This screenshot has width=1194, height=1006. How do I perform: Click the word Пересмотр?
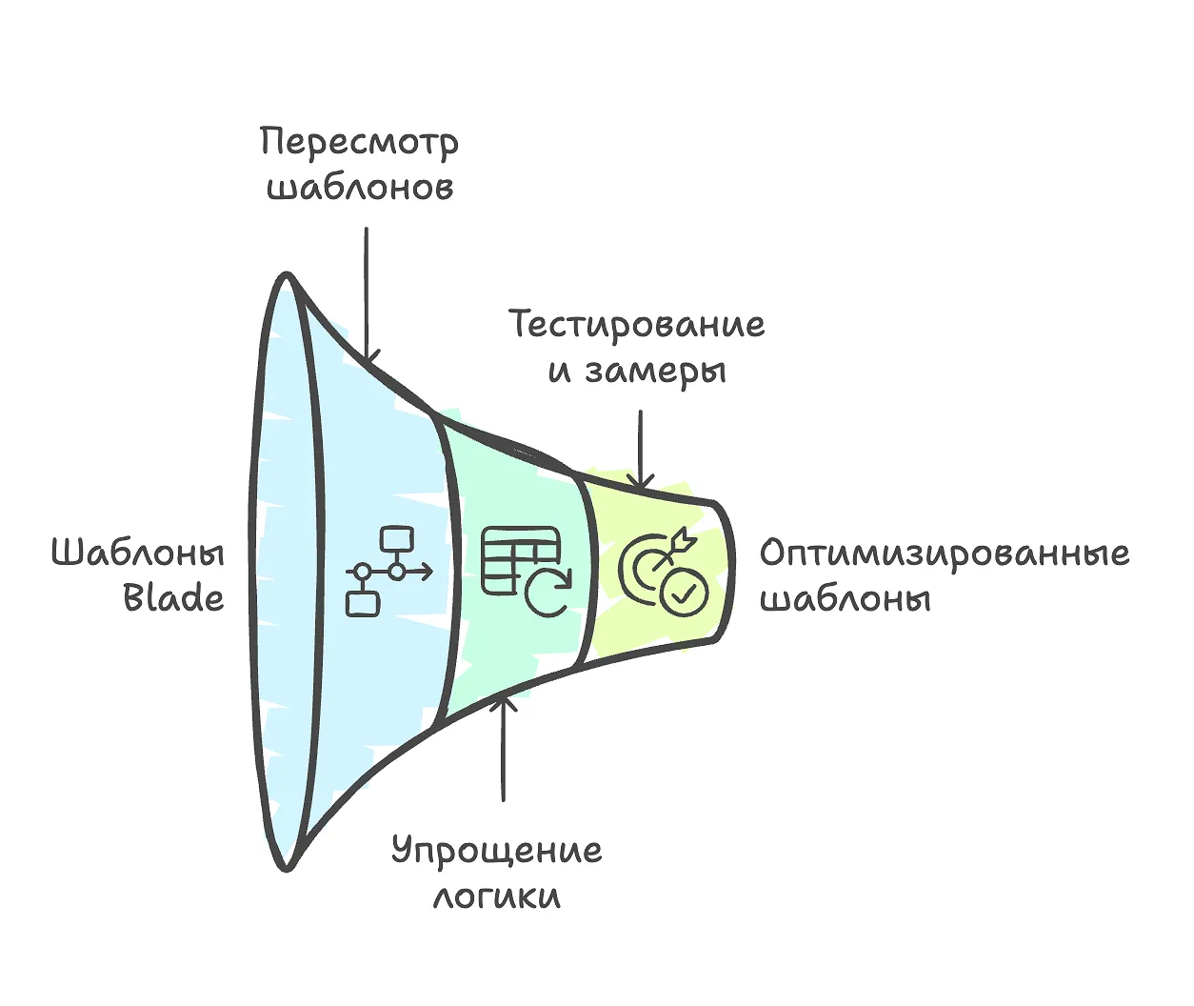point(359,144)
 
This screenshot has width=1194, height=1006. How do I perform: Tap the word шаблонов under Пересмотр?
point(359,187)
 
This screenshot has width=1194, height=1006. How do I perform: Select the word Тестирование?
point(636,325)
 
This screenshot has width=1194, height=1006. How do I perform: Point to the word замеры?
point(655,371)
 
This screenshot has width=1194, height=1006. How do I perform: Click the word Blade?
point(174,598)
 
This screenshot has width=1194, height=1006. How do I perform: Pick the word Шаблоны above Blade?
point(137,553)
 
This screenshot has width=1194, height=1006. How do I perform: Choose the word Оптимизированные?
point(944,553)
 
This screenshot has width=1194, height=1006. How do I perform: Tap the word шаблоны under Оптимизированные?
point(845,599)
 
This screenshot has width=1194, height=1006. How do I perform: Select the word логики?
point(496,896)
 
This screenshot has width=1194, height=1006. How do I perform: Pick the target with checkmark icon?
point(663,572)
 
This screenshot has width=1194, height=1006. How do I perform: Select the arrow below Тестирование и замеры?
point(641,448)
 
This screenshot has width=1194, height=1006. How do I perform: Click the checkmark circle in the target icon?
point(685,592)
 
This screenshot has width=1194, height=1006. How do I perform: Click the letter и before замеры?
point(559,372)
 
